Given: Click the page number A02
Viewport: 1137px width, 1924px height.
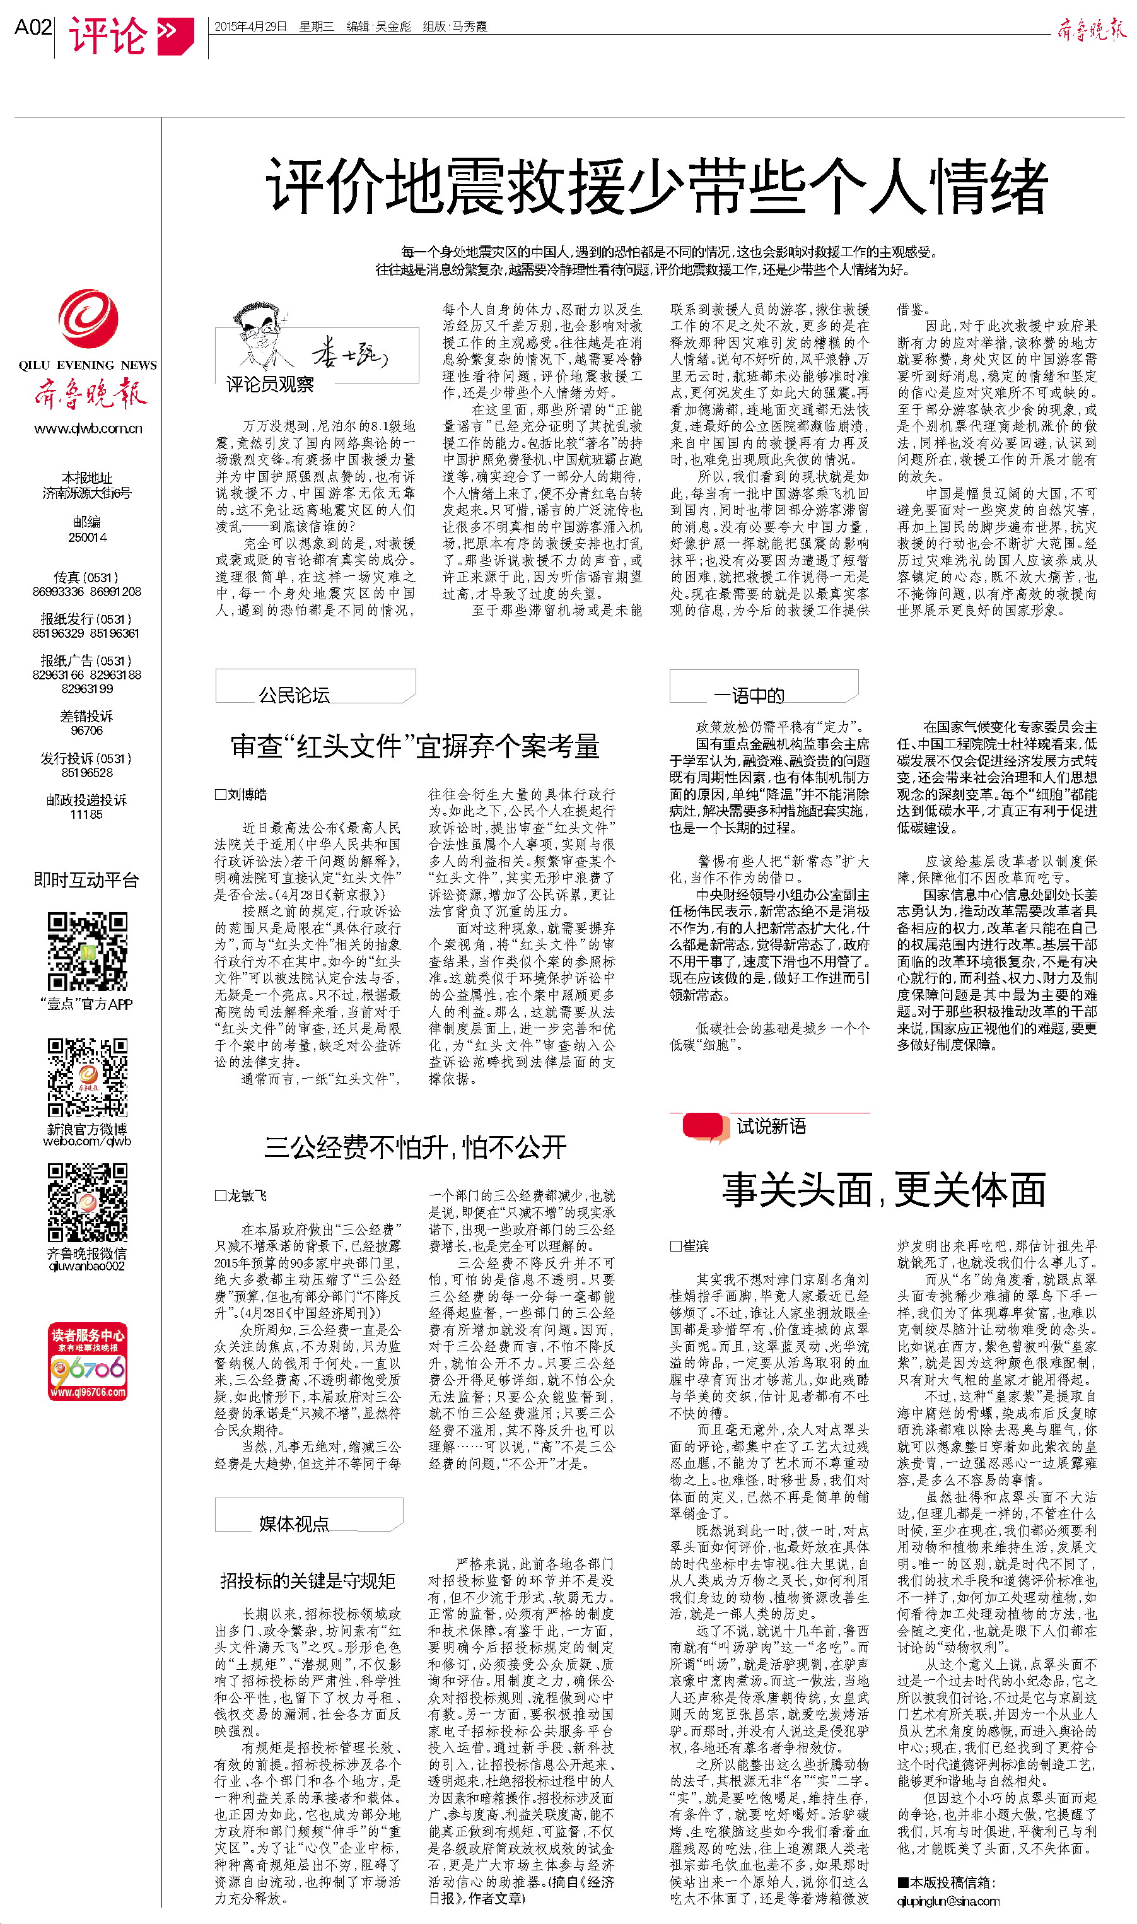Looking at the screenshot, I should pos(33,28).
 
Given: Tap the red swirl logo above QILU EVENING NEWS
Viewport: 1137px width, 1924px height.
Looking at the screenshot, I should pos(88,319).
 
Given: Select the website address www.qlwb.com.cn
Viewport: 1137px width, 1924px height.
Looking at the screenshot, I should pos(88,428).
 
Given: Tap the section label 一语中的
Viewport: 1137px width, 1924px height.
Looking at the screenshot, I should pos(749,695).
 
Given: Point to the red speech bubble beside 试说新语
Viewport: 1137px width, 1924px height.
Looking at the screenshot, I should pos(703,1127).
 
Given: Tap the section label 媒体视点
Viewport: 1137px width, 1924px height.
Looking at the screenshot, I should pos(294,1523).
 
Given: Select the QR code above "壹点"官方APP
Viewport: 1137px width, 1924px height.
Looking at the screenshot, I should pos(88,951).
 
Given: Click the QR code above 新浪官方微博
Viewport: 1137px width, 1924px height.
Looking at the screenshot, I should pos(88,1077).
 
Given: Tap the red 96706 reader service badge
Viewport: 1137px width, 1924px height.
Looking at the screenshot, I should pos(88,1361).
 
